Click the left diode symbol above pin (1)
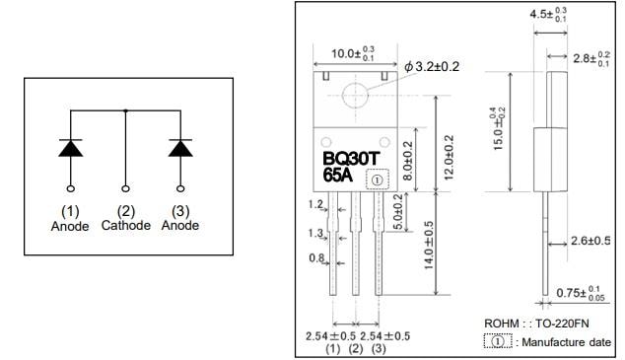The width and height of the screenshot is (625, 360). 71,148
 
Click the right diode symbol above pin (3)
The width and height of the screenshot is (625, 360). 180,148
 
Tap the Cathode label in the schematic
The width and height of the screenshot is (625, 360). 126,225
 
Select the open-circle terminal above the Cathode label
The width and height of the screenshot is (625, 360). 126,187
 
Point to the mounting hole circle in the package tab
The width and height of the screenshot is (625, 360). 354,96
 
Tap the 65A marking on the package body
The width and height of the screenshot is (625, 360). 338,178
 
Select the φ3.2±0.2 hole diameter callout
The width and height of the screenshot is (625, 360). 433,66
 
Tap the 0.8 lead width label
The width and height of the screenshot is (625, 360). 315,259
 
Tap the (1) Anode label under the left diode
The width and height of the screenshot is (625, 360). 70,218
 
